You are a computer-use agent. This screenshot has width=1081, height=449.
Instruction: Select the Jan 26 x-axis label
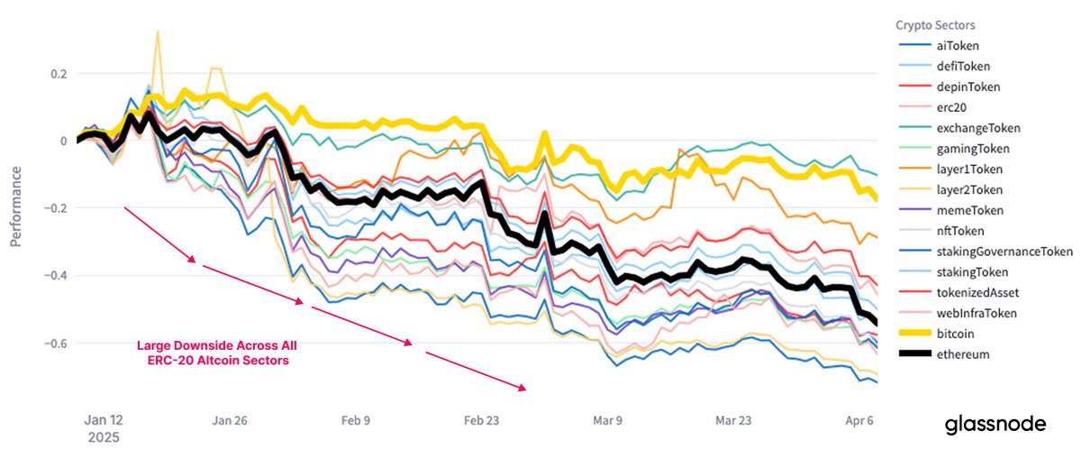[x=229, y=420]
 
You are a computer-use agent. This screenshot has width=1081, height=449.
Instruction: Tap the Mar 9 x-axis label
[x=606, y=420]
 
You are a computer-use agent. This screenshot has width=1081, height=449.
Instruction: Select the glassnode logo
[x=995, y=424]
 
